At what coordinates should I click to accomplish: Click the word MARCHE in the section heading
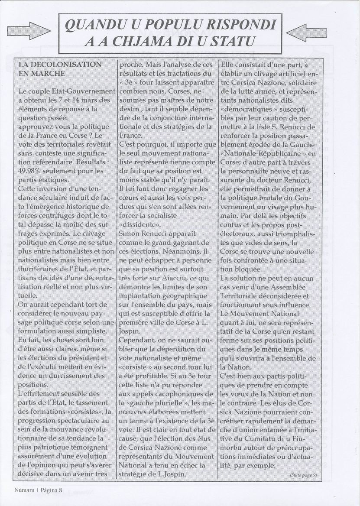(x=42, y=74)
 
